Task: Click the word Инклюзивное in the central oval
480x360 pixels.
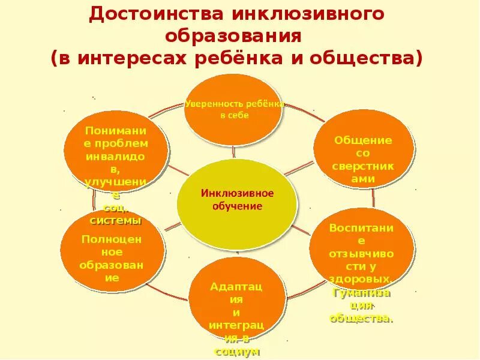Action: [237, 193]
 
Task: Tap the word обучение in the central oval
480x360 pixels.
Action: [237, 206]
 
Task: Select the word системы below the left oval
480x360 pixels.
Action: [116, 220]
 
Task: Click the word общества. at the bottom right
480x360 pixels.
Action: [361, 319]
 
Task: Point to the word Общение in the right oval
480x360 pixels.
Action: [363, 140]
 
